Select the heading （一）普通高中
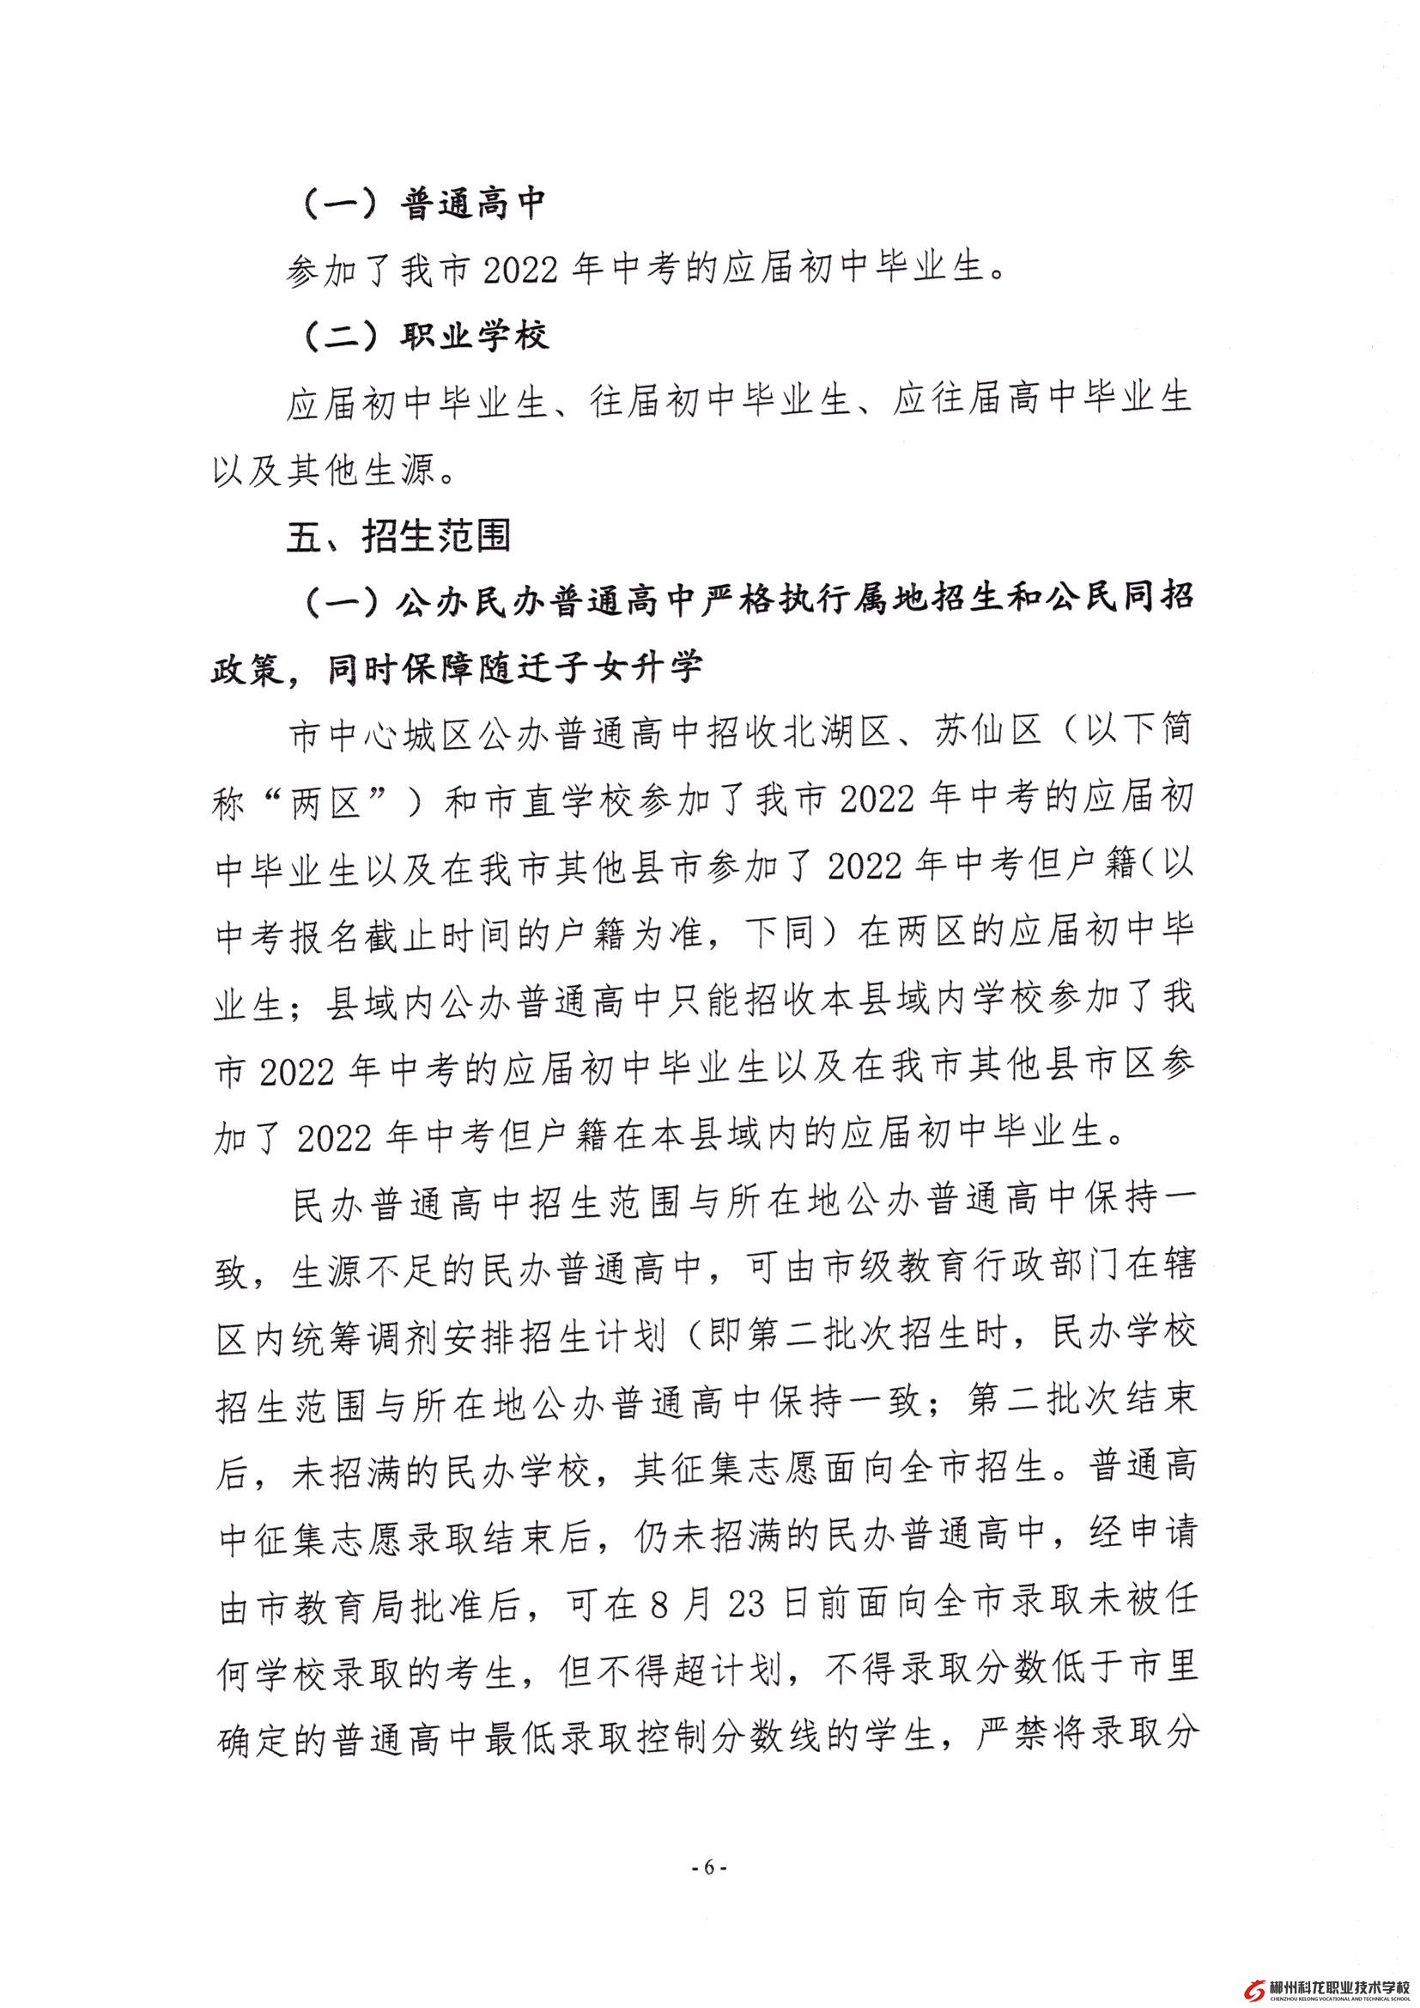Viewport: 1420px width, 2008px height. pos(423,205)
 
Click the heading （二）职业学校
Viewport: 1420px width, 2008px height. pos(425,336)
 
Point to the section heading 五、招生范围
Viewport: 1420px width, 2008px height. pos(398,535)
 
